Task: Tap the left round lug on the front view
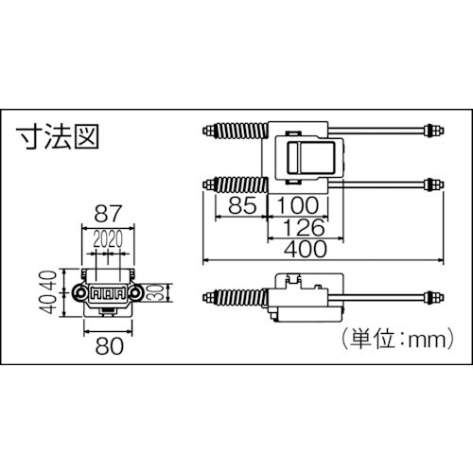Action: (x=83, y=295)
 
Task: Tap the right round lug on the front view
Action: (x=139, y=295)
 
